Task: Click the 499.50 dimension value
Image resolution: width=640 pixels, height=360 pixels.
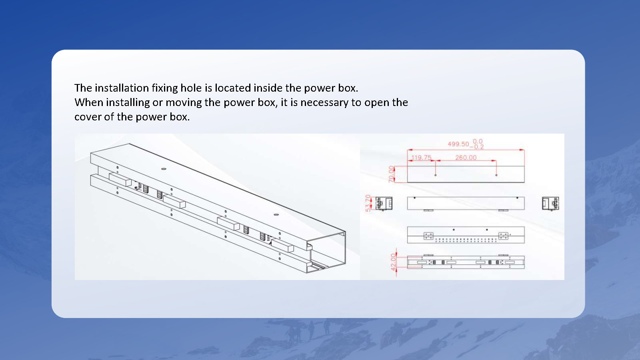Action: (x=458, y=144)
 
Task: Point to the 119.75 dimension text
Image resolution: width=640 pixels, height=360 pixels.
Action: (x=421, y=158)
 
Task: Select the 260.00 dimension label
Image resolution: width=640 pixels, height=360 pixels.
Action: (x=466, y=158)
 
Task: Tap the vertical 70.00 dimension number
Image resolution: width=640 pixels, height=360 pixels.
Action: (x=391, y=174)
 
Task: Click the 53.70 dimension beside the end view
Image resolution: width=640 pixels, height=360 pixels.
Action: (x=368, y=203)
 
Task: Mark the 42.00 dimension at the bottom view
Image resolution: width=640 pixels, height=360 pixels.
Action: (x=394, y=262)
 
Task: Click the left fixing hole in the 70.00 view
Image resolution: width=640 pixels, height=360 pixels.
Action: (x=436, y=175)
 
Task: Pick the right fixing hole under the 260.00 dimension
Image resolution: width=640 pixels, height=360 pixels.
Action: (x=496, y=175)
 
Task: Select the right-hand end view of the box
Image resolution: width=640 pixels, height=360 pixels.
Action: (x=550, y=204)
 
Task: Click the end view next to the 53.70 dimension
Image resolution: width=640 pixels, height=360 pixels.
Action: (x=384, y=204)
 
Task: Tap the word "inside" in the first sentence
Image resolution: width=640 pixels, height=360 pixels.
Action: (x=268, y=88)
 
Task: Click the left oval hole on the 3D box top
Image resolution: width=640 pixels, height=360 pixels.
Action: (x=164, y=169)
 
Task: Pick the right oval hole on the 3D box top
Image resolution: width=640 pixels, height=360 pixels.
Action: (x=276, y=214)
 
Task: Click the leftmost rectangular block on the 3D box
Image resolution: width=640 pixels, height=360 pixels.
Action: (x=120, y=180)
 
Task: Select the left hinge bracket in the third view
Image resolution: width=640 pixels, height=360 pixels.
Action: (x=428, y=236)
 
